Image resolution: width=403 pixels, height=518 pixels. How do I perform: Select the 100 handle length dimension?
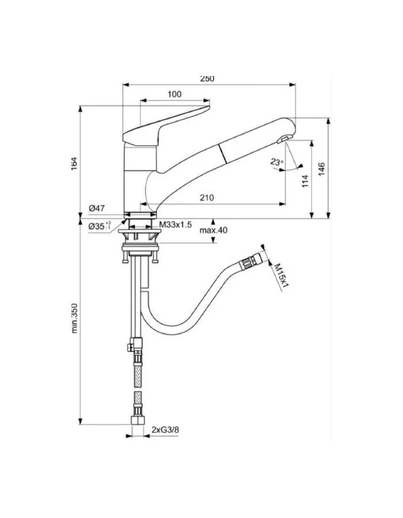(x=175, y=94)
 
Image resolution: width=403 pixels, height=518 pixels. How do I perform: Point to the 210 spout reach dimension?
(x=207, y=197)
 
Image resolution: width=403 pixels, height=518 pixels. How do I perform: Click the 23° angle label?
(x=277, y=163)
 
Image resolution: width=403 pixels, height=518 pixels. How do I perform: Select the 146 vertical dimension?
(x=322, y=169)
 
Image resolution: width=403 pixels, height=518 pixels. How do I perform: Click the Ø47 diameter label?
(x=96, y=208)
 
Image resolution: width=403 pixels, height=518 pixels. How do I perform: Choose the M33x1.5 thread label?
(x=176, y=223)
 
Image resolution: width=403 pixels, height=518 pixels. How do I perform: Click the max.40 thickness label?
(x=214, y=230)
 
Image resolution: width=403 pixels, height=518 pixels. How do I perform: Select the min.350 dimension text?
(x=74, y=317)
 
